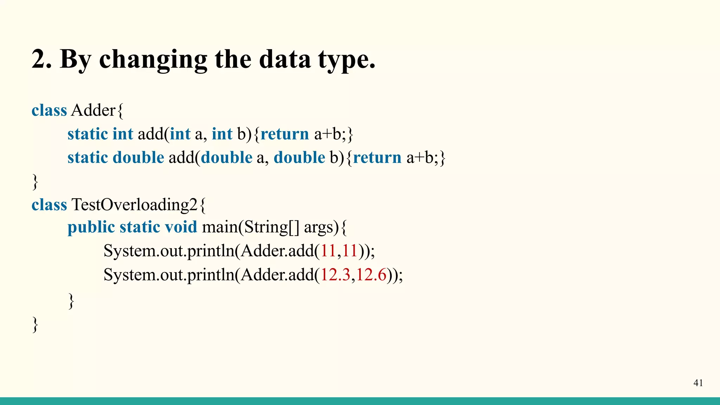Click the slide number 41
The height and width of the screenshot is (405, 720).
(698, 383)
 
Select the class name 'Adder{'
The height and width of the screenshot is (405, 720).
(97, 110)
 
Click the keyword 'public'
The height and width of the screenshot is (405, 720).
(91, 227)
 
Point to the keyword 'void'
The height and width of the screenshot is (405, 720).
(181, 227)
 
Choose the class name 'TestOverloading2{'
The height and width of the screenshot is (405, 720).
(139, 205)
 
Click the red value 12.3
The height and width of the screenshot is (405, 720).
(335, 275)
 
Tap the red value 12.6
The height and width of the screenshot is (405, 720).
(372, 275)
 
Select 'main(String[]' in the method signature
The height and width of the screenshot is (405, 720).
(251, 227)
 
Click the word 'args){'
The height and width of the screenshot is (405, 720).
(326, 227)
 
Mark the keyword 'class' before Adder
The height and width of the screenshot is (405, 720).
(49, 110)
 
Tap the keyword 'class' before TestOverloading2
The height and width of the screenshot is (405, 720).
(49, 205)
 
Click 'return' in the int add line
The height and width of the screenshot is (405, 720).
(285, 134)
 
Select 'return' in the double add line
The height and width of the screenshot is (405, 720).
(377, 157)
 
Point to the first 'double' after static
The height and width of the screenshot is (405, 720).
(138, 157)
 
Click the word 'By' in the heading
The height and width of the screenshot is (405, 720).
(76, 59)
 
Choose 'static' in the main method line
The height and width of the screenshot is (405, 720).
(140, 227)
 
